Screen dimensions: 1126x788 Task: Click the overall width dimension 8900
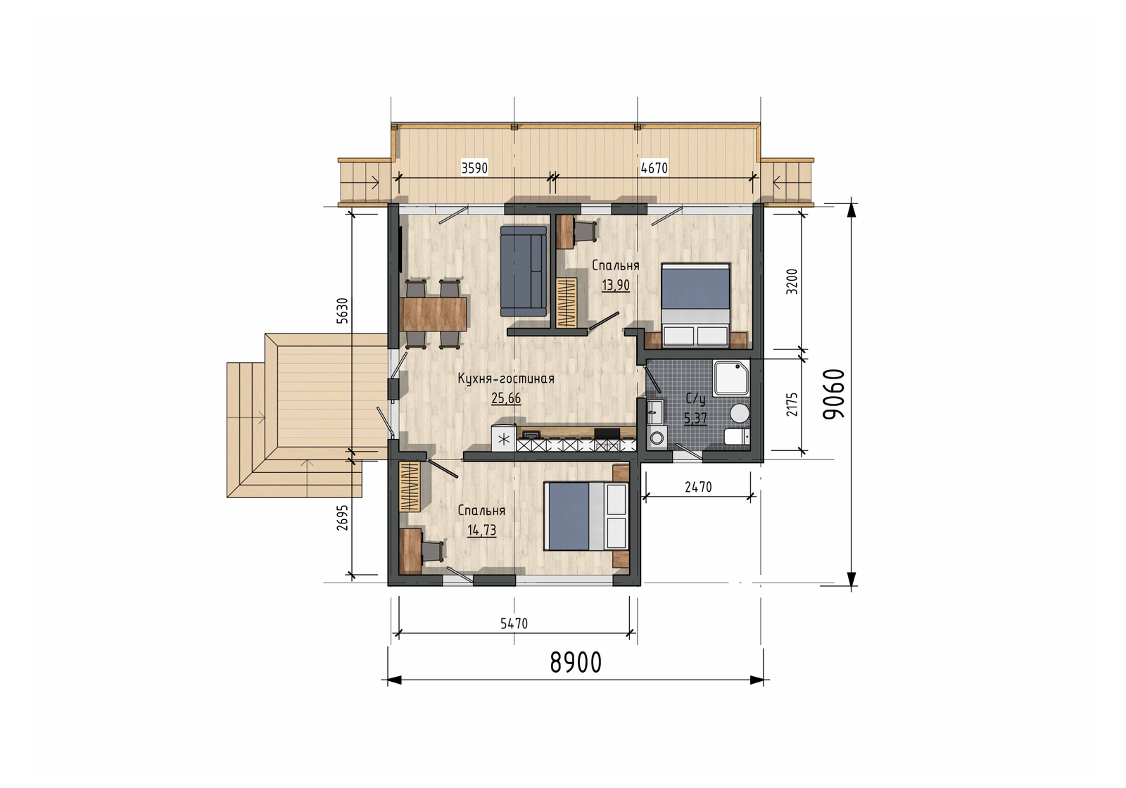(x=576, y=662)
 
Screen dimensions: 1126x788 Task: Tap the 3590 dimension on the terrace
(x=474, y=168)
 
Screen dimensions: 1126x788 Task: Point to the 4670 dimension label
(x=654, y=168)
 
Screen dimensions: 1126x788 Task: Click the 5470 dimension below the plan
(x=514, y=623)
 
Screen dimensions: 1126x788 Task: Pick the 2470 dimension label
(x=698, y=486)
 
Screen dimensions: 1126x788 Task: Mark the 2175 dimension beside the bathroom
(x=792, y=404)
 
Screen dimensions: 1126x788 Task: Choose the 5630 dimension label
(x=342, y=310)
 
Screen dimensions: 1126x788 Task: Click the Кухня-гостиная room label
(x=506, y=379)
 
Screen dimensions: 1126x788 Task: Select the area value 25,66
(x=506, y=398)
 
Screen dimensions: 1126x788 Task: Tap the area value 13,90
(x=616, y=286)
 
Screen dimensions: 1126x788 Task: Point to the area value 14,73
(x=481, y=530)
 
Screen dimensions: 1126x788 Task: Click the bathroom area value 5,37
(x=696, y=418)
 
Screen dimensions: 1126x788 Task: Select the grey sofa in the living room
(x=524, y=271)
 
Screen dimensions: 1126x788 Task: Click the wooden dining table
(x=434, y=314)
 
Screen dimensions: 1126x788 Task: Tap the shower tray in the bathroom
(x=731, y=377)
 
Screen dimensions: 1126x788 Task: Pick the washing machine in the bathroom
(x=657, y=436)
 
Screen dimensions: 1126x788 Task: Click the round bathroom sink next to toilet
(x=740, y=413)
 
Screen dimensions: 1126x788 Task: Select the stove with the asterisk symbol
(x=504, y=438)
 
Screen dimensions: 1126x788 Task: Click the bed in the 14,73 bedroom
(x=587, y=516)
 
